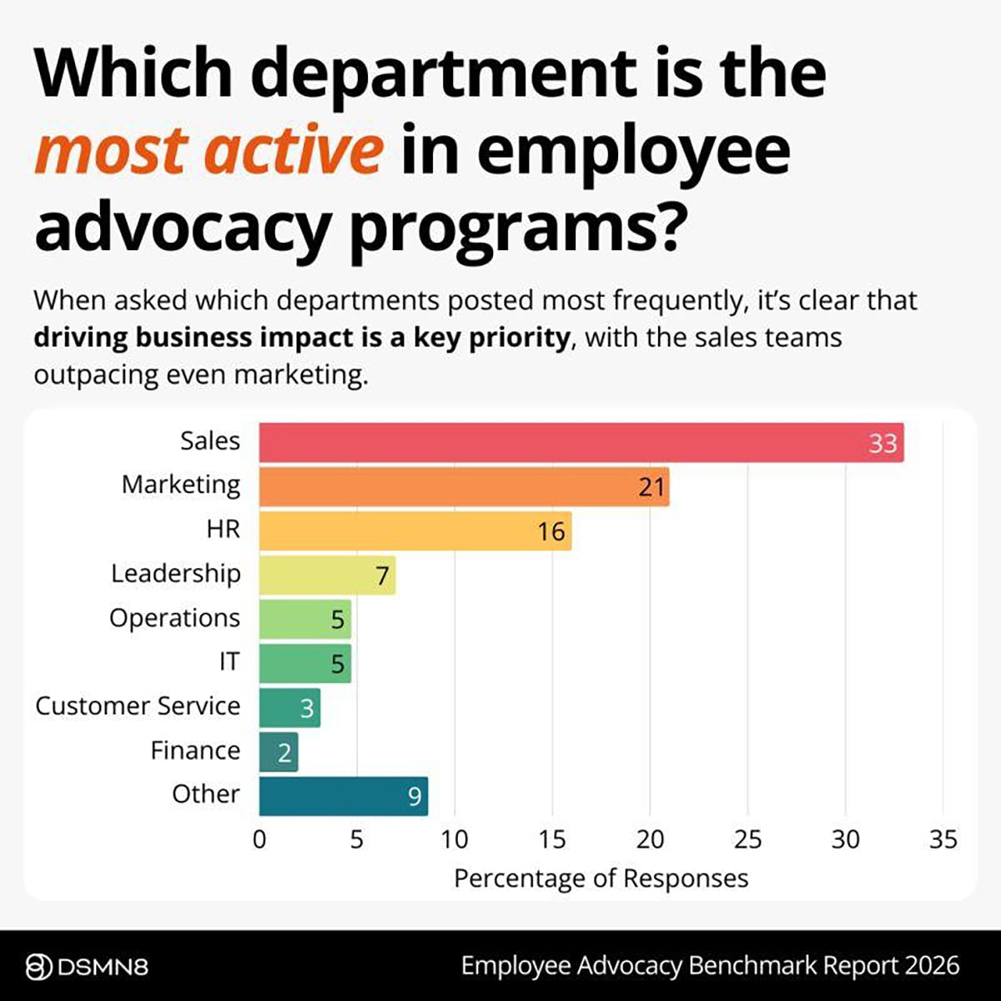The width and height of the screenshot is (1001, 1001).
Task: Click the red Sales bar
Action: point(581,442)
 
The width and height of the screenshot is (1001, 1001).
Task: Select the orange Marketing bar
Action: point(464,486)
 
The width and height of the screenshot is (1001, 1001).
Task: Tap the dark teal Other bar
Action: point(343,796)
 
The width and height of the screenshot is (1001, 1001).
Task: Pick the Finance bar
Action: point(278,752)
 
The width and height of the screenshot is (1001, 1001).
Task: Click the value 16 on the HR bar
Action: point(551,531)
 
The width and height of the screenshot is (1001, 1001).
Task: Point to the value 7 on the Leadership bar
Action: point(382,576)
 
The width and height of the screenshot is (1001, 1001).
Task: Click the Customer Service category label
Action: point(138,706)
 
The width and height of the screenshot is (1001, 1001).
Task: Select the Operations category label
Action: point(174,618)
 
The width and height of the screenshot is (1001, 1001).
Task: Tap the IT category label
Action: point(229,661)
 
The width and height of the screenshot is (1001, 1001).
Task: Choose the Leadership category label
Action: point(175,574)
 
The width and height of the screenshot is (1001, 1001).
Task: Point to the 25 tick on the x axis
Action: point(747,839)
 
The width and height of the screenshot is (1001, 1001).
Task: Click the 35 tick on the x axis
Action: point(943,839)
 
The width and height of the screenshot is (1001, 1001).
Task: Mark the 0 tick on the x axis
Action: point(259,839)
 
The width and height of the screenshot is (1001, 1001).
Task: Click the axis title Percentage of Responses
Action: point(601,878)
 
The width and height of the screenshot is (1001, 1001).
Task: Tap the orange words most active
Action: point(209,150)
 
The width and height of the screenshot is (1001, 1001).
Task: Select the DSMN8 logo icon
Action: point(39,968)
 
